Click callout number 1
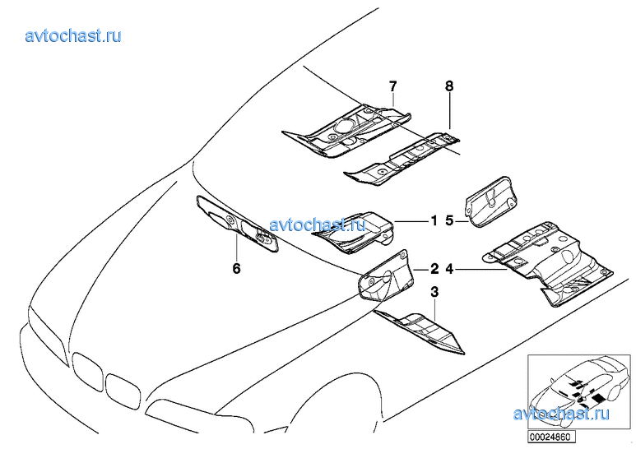tap(434, 221)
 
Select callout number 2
tap(434, 268)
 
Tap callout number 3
tap(434, 292)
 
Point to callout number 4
tap(449, 268)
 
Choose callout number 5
tap(449, 221)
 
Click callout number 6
tap(236, 268)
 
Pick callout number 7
tap(392, 86)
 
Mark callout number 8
tap(449, 86)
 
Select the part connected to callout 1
tap(353, 232)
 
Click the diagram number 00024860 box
tap(551, 437)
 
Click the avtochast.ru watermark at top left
tap(73, 36)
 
